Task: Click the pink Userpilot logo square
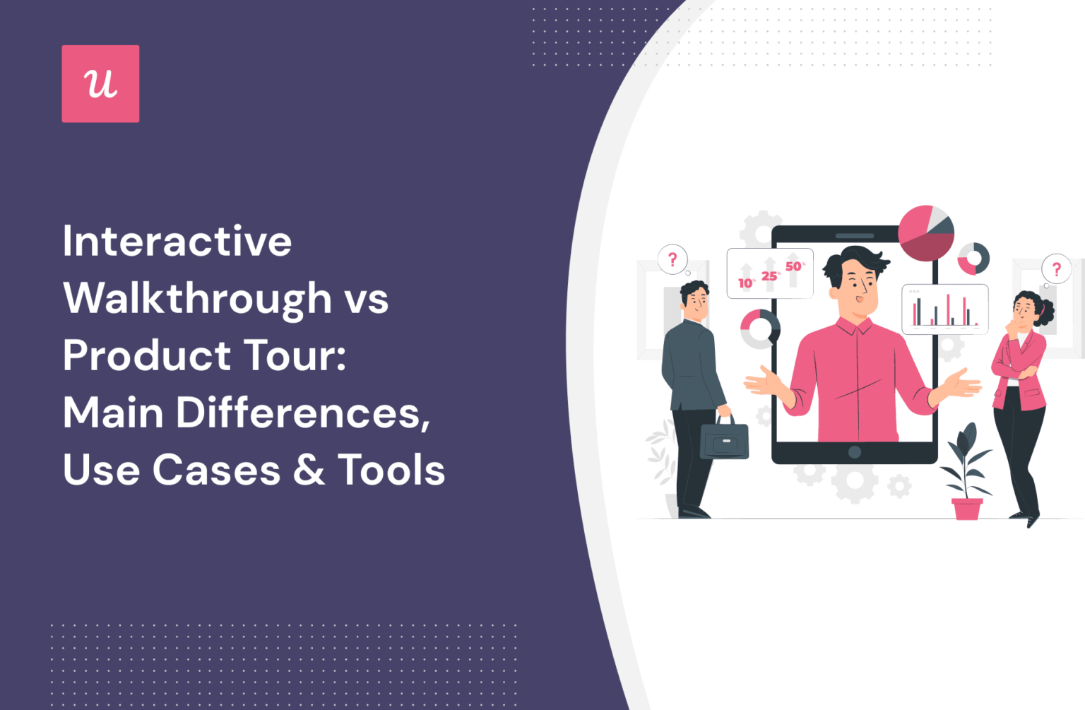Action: coord(100,84)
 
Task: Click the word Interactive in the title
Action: coord(177,242)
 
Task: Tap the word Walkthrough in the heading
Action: coord(198,299)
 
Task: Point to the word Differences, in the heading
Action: coord(303,413)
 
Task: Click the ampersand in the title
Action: coord(309,470)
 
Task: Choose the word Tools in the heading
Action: coord(391,470)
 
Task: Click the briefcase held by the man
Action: coord(724,440)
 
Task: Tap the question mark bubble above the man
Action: coord(672,259)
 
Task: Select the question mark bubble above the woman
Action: coord(1056,269)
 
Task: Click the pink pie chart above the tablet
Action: coord(925,233)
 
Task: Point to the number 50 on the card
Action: coord(793,266)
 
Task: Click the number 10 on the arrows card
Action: coord(745,283)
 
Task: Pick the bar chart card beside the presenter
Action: coord(945,309)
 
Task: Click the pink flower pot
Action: coord(966,509)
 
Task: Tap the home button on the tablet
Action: coord(854,452)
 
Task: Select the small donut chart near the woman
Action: coord(973,259)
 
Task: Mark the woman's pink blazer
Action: coord(1019,367)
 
